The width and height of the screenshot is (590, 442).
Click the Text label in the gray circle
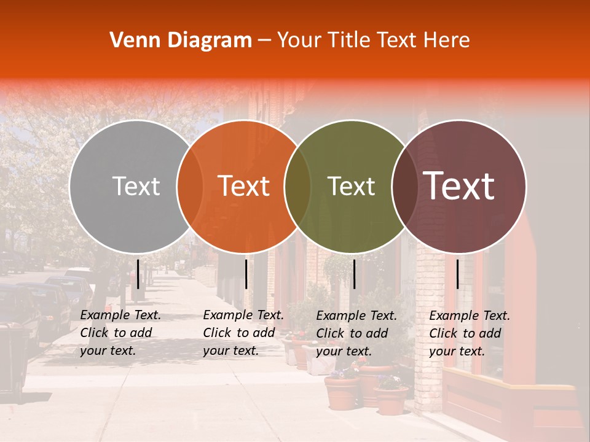136,187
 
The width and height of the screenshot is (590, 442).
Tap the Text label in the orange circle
244,187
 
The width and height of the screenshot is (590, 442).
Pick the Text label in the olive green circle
351,187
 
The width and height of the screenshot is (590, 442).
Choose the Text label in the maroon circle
459,187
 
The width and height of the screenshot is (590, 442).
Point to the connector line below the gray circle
138,274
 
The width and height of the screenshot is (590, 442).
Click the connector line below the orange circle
246,274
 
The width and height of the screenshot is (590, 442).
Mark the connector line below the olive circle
354,274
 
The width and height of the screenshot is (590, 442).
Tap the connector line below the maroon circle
457,274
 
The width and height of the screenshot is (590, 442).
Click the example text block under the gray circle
120,333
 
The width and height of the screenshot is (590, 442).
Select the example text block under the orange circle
243,333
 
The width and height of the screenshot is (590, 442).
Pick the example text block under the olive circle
356,333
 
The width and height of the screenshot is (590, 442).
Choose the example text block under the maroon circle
470,333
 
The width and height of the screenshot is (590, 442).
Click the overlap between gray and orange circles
190,187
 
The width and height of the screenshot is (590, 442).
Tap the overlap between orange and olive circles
297,187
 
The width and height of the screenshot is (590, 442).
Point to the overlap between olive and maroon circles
405,187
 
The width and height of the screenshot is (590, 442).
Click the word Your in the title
299,41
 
